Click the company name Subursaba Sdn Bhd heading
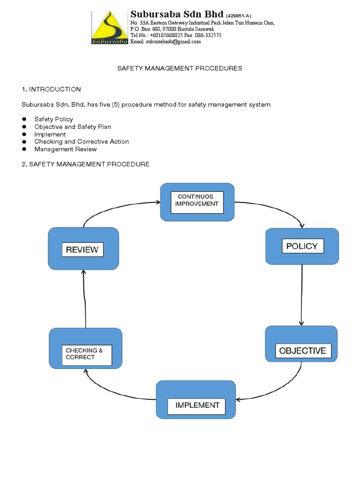pos(177,14)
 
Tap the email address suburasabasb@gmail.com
pos(165,41)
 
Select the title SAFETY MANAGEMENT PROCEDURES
pos(180,68)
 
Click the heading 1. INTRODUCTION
pos(52,89)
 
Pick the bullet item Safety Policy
pos(53,119)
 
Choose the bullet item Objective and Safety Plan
pos(73,127)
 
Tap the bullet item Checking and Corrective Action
pos(82,142)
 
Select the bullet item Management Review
pos(66,149)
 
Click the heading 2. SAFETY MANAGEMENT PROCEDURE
pos(86,164)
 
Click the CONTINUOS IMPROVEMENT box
pos(197,202)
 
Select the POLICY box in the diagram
pos(302,247)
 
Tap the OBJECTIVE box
pos(302,351)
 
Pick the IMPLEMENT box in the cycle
pos(196,405)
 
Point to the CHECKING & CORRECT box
pos(86,354)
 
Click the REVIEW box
pos(83,249)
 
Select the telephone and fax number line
pos(176,35)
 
